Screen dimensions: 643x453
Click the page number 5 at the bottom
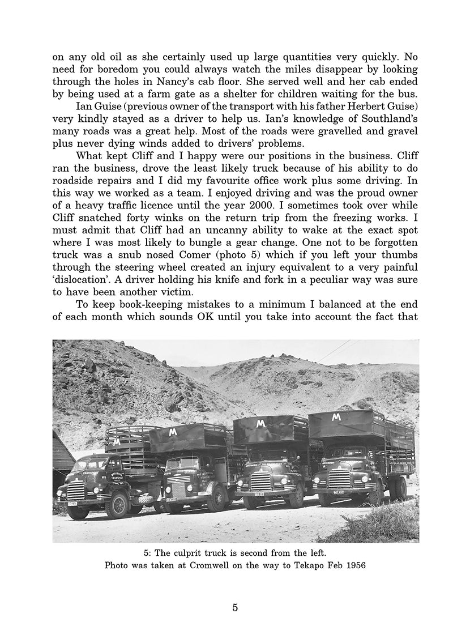coord(235,608)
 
